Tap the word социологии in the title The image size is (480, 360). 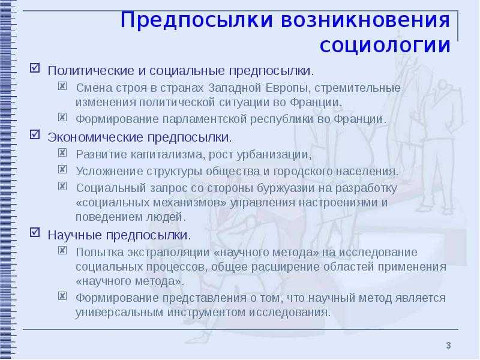[385, 45]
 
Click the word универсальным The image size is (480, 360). [113, 313]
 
